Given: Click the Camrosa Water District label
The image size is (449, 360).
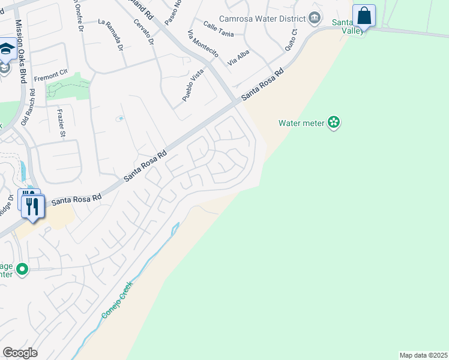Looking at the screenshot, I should point(262,19).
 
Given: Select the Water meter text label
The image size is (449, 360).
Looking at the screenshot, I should point(301,123).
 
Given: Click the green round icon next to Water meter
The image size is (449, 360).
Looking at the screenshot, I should point(334,123).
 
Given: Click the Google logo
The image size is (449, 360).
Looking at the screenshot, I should point(20,353).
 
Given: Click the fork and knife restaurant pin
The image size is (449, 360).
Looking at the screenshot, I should point(32,207).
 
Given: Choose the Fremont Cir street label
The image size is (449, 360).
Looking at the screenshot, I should point(50,77).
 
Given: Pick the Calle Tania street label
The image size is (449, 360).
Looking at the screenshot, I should point(218,27).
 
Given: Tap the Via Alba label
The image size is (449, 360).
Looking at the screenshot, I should point(239,57).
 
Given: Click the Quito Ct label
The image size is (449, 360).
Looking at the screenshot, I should point(291,41).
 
